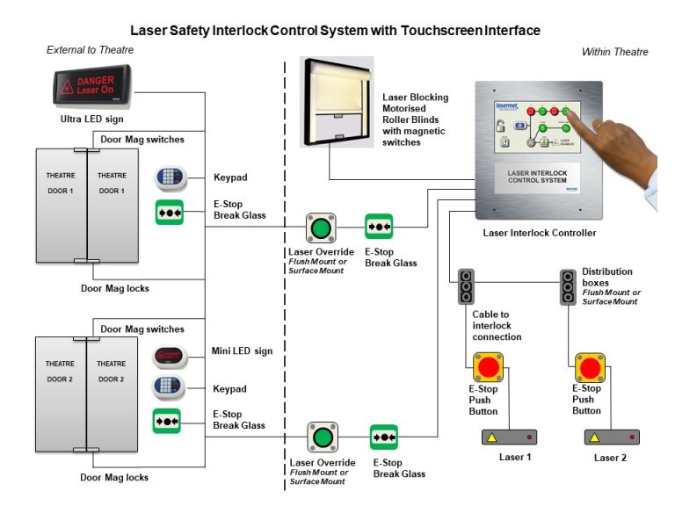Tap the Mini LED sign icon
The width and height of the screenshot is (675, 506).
(171, 356)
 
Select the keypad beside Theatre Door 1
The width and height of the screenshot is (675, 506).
(171, 177)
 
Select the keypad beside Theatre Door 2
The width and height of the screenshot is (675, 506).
(171, 387)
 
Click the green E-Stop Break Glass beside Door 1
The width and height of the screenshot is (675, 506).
(169, 212)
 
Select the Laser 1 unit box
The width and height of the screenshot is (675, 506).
(509, 437)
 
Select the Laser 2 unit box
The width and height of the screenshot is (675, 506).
(612, 437)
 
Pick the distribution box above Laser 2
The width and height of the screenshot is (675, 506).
(568, 287)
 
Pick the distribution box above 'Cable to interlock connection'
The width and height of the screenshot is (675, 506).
(466, 287)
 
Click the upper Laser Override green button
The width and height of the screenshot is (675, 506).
(321, 228)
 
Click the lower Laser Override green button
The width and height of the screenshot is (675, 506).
(323, 437)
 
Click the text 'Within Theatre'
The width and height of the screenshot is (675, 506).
(614, 52)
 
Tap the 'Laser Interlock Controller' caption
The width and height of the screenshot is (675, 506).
(539, 233)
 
